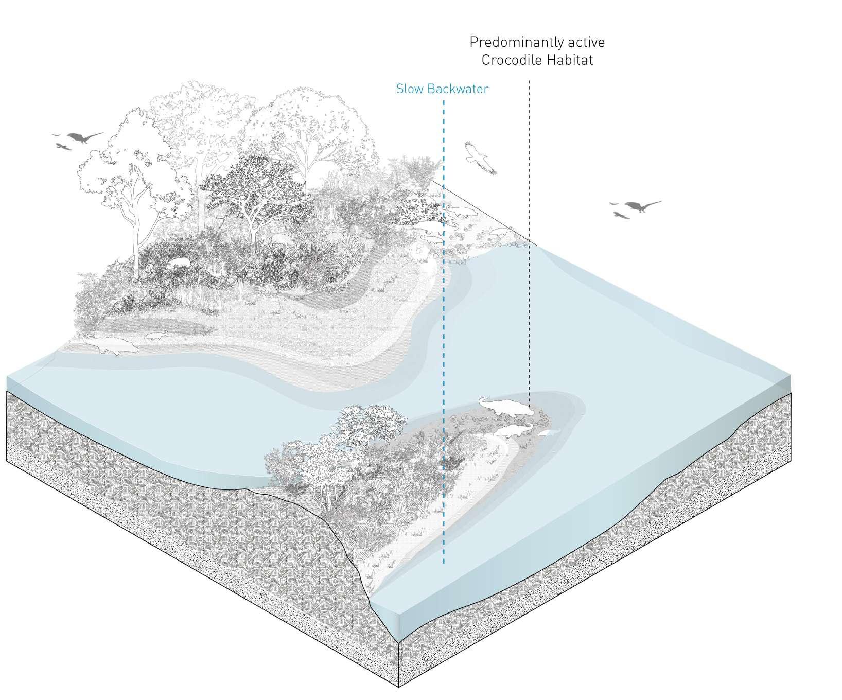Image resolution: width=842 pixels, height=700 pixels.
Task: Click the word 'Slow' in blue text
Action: tap(407, 89)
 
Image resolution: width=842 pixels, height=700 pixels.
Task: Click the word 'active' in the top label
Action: tap(587, 42)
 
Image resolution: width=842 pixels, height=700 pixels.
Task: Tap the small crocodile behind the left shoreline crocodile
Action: tap(155, 336)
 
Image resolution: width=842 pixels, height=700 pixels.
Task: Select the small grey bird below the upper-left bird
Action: tap(64, 147)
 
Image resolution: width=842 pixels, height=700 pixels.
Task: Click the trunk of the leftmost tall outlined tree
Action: tap(135, 242)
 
